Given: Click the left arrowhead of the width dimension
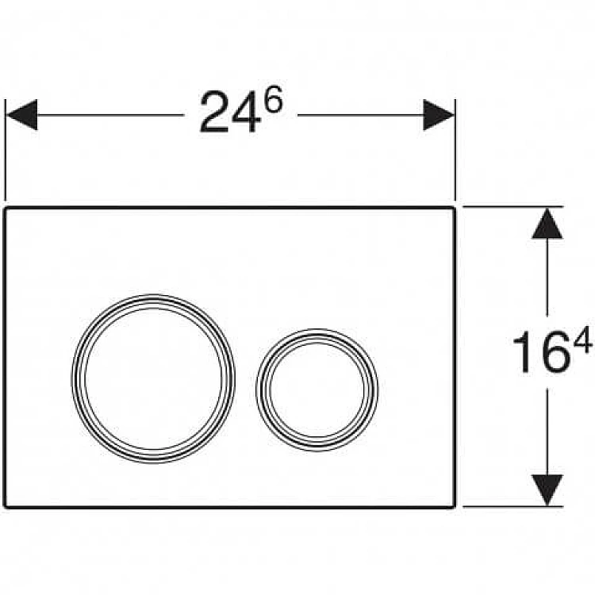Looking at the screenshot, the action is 22,114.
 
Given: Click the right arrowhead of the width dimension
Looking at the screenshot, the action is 439,114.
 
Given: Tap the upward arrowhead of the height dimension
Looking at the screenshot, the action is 547,224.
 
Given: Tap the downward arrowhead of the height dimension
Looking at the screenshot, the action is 547,490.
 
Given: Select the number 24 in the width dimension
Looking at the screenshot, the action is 231,113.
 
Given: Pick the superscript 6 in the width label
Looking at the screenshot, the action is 274,98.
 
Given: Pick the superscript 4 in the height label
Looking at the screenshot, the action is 582,340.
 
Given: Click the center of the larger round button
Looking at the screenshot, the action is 153,378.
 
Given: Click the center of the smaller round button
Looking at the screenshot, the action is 317,390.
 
